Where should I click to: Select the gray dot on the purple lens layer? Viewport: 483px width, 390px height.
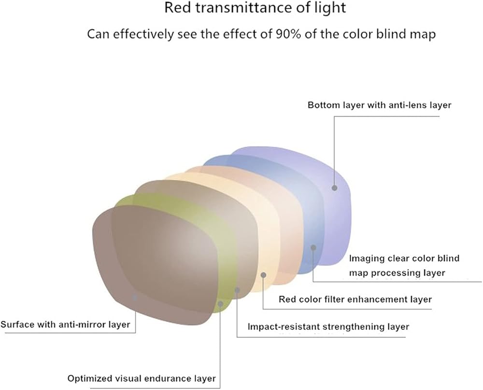[x=334, y=187]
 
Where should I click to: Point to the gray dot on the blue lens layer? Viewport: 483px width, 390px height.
[x=313, y=247]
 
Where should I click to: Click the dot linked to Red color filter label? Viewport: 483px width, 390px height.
[x=263, y=275]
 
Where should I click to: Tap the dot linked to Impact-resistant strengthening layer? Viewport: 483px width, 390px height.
[x=237, y=290]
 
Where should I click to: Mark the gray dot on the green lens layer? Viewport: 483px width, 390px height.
[x=220, y=304]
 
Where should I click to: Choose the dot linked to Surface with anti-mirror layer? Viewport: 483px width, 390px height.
[x=135, y=297]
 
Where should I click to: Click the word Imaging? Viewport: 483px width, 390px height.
[x=367, y=258]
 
